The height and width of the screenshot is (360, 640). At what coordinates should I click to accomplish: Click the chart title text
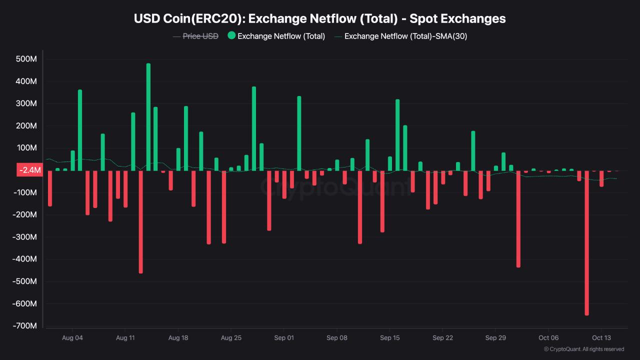pyautogui.click(x=320, y=18)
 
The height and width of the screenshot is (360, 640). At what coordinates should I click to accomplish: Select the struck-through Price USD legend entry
pyautogui.click(x=200, y=36)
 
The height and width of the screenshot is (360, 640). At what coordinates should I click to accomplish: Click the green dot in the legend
pyautogui.click(x=231, y=35)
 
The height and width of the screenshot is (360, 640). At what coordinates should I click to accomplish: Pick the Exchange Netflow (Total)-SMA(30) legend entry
pyautogui.click(x=405, y=36)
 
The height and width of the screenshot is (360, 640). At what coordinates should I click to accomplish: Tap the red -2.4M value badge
pyautogui.click(x=29, y=170)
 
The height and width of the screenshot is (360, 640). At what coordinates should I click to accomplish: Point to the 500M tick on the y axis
pyautogui.click(x=27, y=59)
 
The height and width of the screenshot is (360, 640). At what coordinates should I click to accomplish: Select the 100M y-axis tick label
pyautogui.click(x=27, y=148)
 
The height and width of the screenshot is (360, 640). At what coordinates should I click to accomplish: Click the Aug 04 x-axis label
pyautogui.click(x=72, y=337)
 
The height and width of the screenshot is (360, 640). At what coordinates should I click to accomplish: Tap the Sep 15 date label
pyautogui.click(x=390, y=337)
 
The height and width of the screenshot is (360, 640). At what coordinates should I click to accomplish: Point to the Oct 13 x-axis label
pyautogui.click(x=601, y=337)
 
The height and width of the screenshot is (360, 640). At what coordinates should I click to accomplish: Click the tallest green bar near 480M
pyautogui.click(x=148, y=117)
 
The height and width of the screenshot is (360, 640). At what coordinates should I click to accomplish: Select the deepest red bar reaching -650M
pyautogui.click(x=586, y=243)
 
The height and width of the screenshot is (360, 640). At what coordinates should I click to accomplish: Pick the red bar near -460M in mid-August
pyautogui.click(x=140, y=222)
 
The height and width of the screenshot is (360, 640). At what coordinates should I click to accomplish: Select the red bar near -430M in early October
pyautogui.click(x=518, y=219)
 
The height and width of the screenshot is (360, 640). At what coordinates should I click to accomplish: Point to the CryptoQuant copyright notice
pyautogui.click(x=583, y=349)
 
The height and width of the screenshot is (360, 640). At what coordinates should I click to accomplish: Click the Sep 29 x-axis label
pyautogui.click(x=495, y=337)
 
